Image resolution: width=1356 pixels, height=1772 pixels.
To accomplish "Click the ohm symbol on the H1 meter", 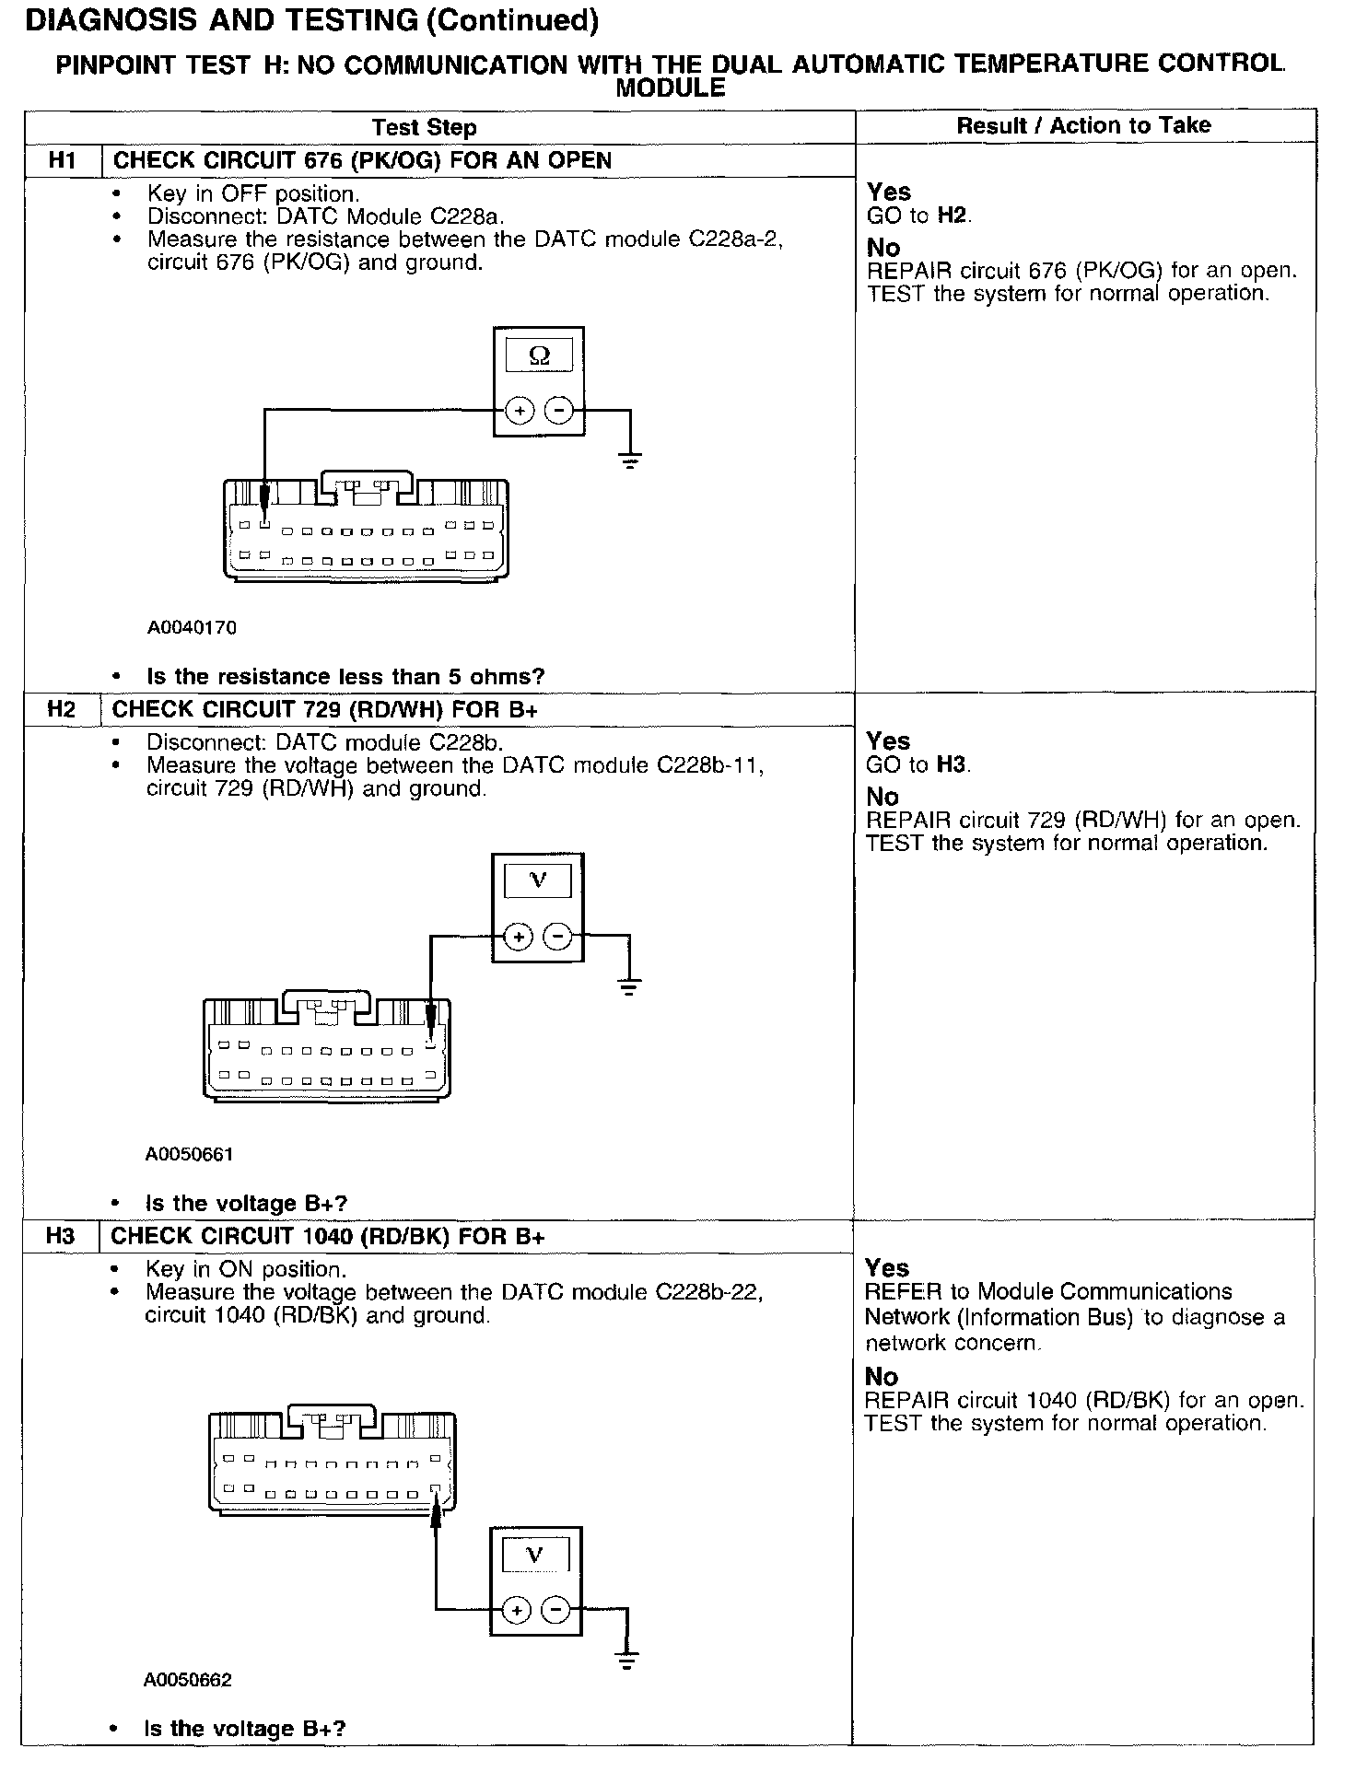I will point(540,356).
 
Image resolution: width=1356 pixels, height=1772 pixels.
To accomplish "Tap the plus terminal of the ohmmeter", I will point(520,411).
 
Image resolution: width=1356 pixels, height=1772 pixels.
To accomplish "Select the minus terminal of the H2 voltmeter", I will point(558,938).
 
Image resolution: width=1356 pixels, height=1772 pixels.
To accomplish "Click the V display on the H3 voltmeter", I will point(534,1556).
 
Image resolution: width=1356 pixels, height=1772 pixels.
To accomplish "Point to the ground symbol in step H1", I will point(630,460).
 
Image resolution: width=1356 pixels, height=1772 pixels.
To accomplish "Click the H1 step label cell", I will point(62,160).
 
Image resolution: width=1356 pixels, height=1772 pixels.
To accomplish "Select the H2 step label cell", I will point(61,709).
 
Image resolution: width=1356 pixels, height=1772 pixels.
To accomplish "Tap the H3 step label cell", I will point(60,1236).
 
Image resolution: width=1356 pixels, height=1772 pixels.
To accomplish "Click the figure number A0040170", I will point(192,628).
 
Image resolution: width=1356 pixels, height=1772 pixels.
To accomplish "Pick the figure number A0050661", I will point(190,1154).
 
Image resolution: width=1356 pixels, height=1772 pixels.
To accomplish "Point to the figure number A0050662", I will point(188,1680).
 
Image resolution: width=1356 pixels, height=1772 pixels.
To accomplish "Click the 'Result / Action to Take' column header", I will point(1083,126).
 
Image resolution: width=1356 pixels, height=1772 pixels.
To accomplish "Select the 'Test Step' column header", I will point(424,128).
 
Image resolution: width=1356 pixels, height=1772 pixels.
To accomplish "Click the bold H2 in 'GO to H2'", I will point(953,216).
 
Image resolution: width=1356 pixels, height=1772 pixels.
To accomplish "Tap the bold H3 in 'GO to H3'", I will point(953,764).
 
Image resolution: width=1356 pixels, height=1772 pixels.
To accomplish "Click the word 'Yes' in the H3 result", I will point(887,1268).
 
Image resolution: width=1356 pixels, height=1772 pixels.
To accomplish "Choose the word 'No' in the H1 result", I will point(883,248).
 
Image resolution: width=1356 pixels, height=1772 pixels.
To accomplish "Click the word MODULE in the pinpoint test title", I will point(670,89).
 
